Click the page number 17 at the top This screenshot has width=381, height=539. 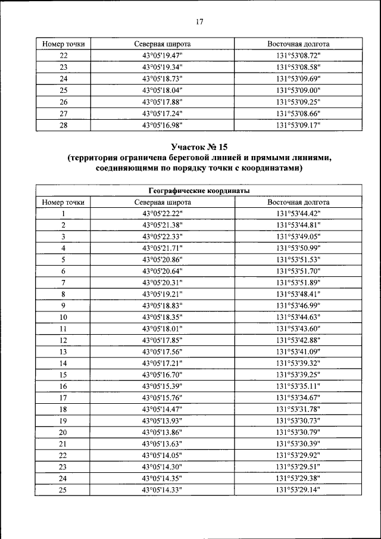tap(199, 22)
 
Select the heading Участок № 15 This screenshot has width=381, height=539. tap(199, 146)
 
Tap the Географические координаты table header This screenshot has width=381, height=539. tap(199, 191)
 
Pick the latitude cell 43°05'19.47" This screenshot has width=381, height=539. tap(162, 55)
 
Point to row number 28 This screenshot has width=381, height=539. tap(63, 125)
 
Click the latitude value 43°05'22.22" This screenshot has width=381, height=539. tap(162, 213)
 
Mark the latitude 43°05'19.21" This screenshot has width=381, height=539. tap(162, 294)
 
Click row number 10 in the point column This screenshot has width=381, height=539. tap(63, 317)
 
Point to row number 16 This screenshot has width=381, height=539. tap(63, 386)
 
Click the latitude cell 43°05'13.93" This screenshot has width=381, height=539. tap(162, 420)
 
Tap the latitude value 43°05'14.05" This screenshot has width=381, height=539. tap(162, 455)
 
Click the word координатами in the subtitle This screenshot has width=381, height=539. tap(268, 169)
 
